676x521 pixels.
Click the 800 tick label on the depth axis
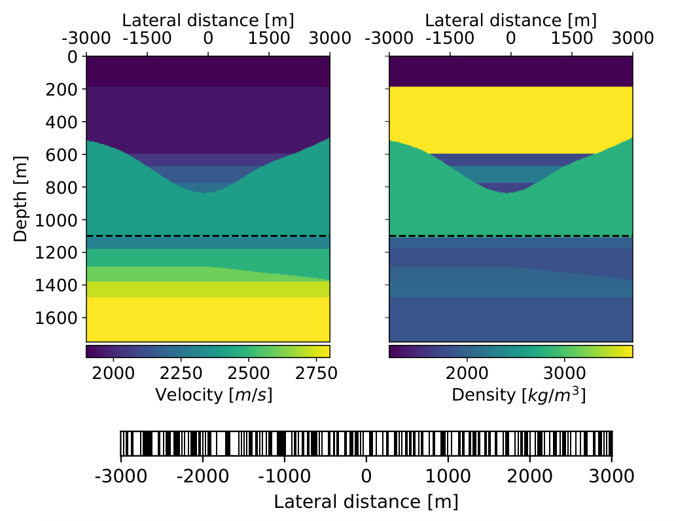(62, 188)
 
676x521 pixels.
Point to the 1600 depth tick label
(56, 318)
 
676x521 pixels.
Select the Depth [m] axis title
(20, 199)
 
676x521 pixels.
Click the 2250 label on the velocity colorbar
(181, 373)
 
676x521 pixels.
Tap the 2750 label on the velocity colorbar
(316, 373)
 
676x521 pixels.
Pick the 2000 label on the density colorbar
(467, 373)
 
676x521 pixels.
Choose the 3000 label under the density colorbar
(564, 373)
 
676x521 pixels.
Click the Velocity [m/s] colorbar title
(214, 395)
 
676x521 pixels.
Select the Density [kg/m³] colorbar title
(519, 395)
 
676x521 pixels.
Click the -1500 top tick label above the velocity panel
(147, 39)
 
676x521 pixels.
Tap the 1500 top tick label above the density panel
(572, 39)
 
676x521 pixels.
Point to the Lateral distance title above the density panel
(511, 20)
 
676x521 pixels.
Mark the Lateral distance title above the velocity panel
(208, 20)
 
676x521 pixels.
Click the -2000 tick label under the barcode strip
(203, 476)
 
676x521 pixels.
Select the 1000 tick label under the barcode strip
(448, 476)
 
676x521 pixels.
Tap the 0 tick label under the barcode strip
(366, 476)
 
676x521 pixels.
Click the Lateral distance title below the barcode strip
(366, 502)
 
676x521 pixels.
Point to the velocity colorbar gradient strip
(208, 351)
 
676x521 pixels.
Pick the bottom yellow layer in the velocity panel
(208, 319)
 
